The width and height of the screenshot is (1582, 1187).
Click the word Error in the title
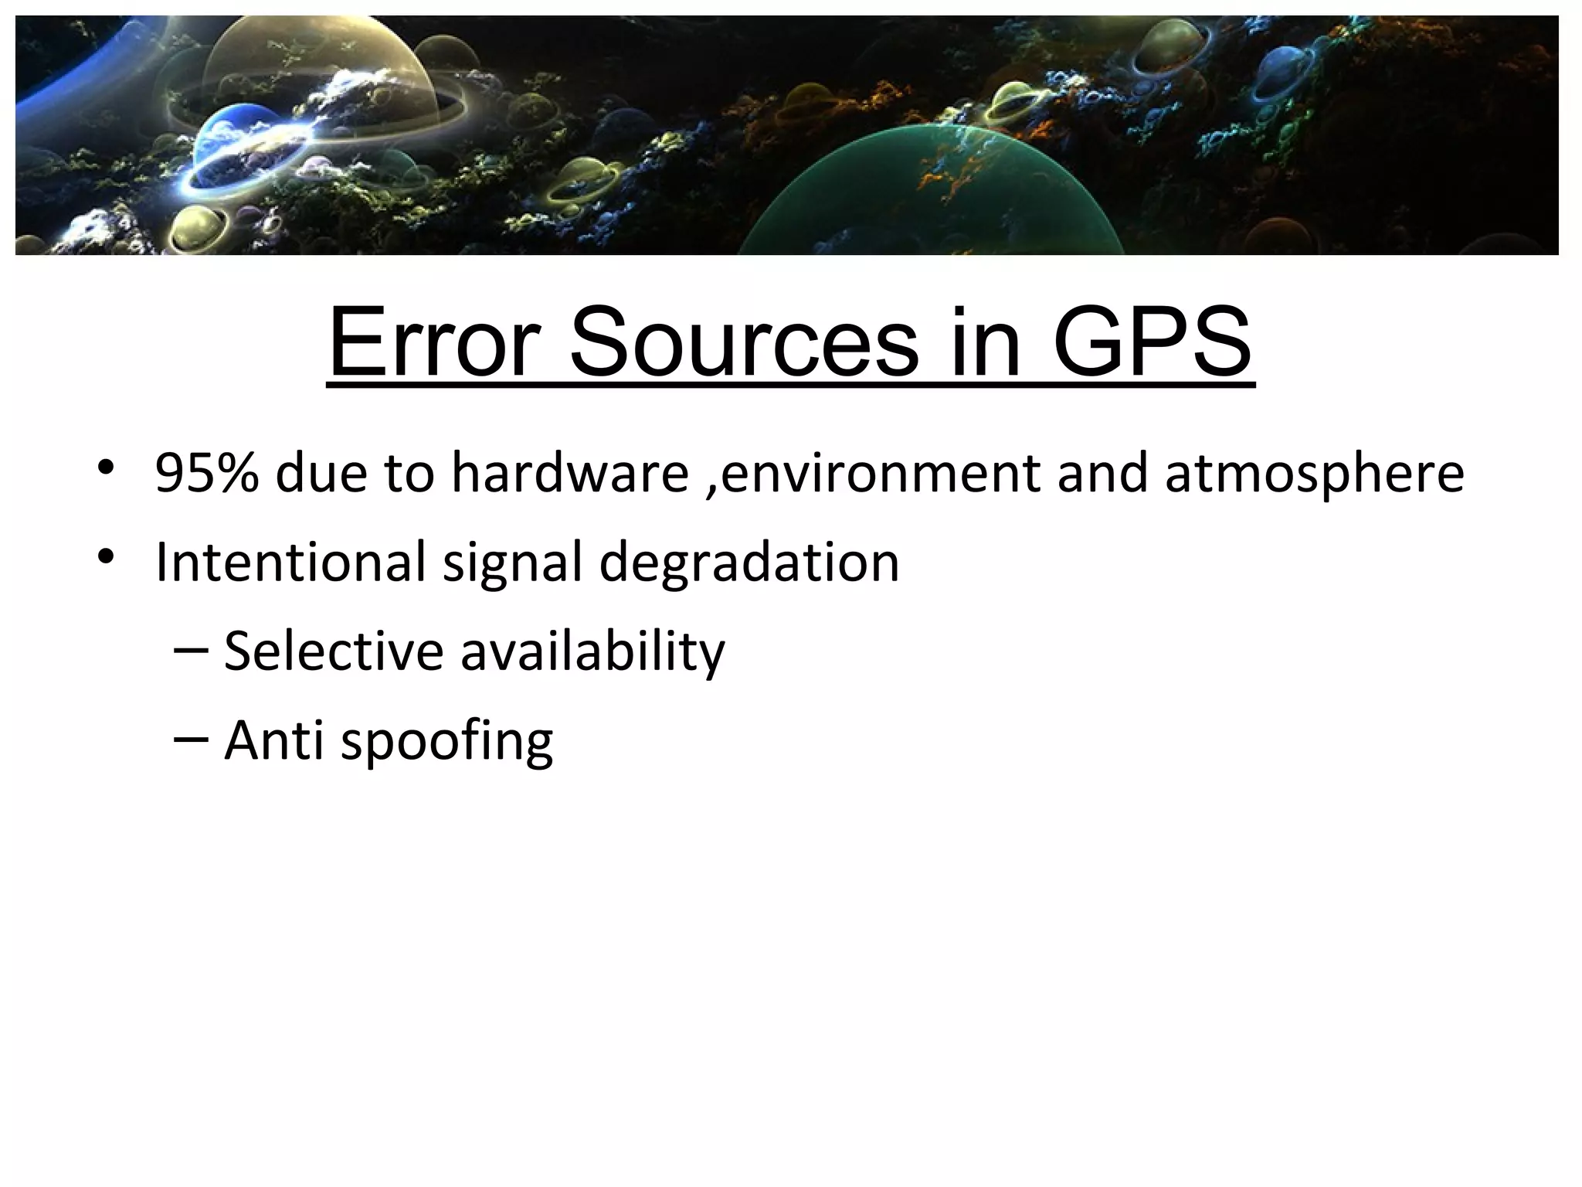(433, 342)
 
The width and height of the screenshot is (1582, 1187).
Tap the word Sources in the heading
(745, 342)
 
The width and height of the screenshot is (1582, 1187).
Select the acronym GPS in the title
(1151, 342)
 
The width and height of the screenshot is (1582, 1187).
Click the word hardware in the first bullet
(569, 473)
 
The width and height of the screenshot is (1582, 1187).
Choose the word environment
(880, 473)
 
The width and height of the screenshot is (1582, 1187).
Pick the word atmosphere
(1314, 473)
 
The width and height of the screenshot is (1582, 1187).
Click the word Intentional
(290, 562)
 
